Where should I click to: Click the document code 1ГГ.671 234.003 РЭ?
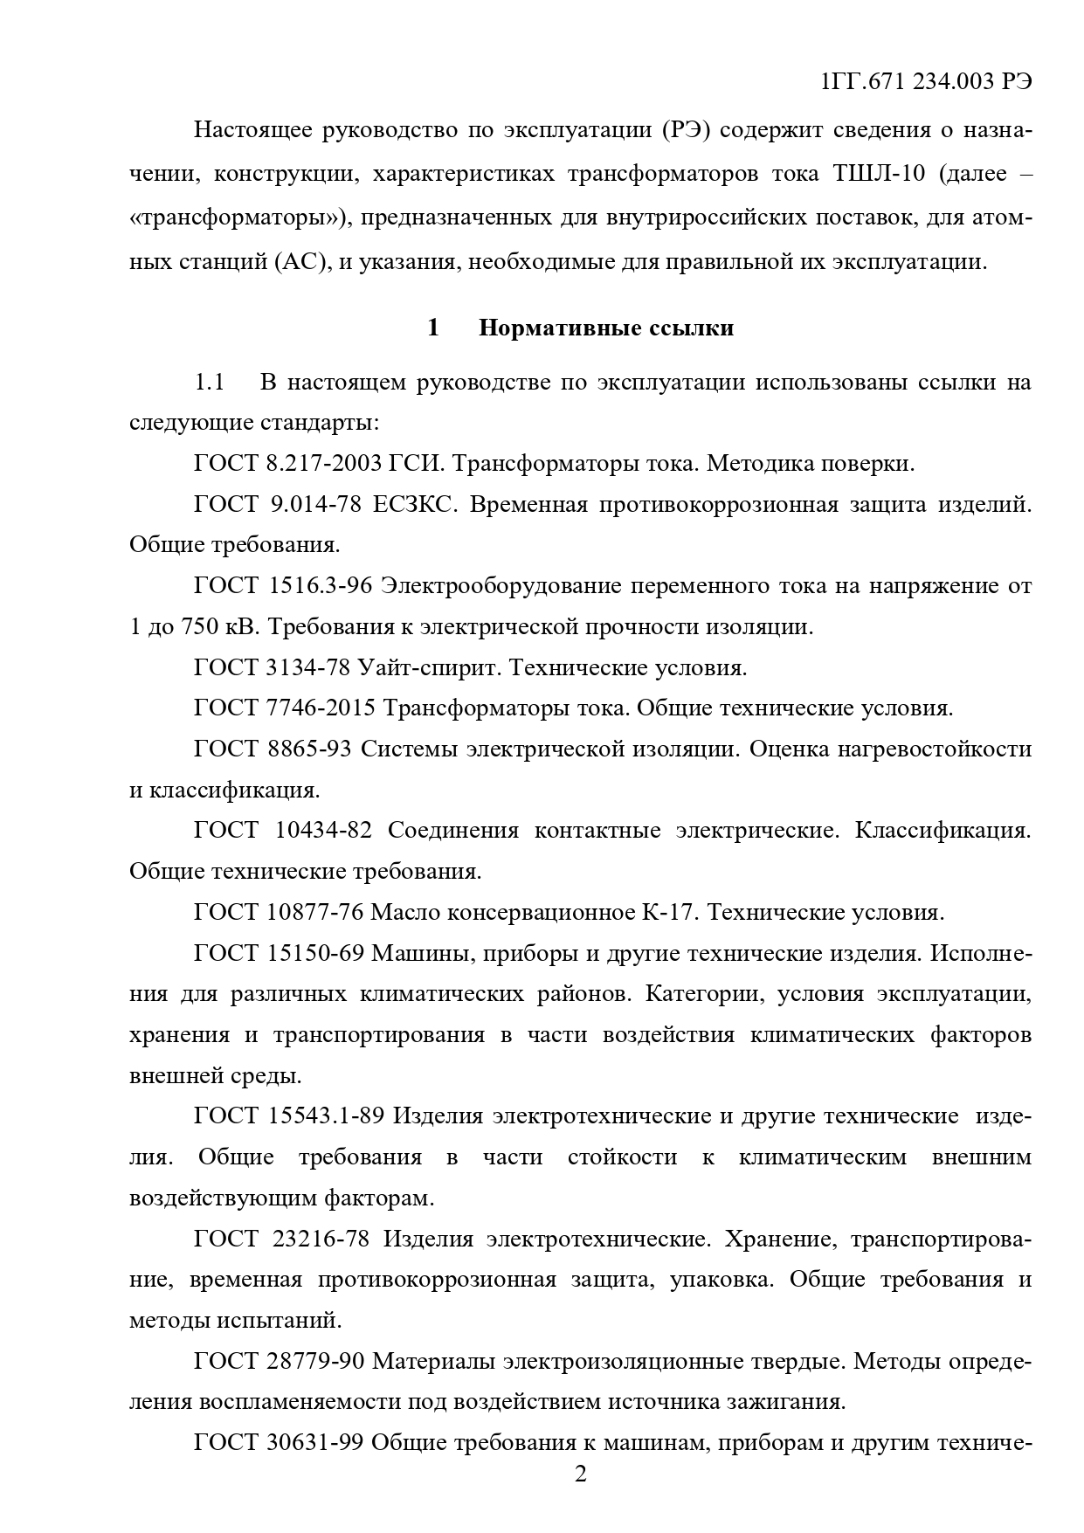[926, 81]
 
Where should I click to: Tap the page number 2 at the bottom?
[579, 1475]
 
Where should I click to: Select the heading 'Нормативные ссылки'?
[606, 328]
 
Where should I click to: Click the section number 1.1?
[210, 382]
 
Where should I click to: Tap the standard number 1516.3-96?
[321, 585]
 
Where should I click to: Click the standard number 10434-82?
[323, 830]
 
